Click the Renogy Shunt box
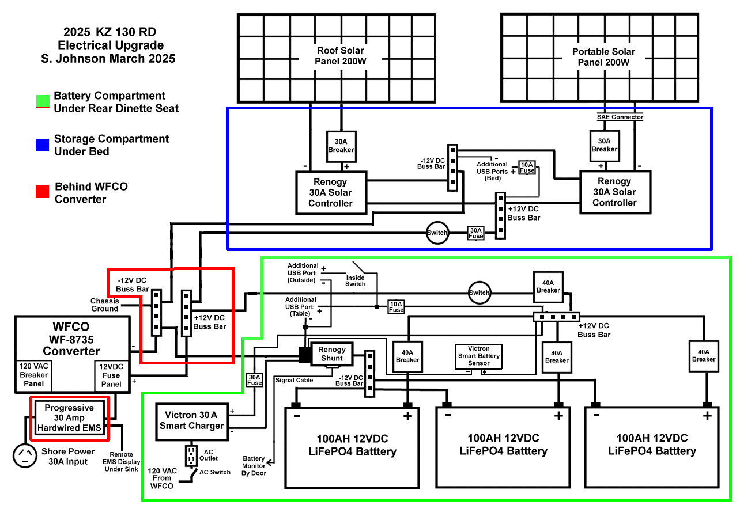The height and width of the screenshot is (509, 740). pyautogui.click(x=331, y=354)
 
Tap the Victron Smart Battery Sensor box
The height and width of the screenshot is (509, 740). pyautogui.click(x=478, y=356)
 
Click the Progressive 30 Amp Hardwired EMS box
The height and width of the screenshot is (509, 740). pyautogui.click(x=69, y=417)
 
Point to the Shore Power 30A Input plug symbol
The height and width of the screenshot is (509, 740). pyautogui.click(x=25, y=455)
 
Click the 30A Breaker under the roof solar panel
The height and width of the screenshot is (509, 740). pyautogui.click(x=341, y=146)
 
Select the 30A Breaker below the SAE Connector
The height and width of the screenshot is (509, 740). pyautogui.click(x=604, y=145)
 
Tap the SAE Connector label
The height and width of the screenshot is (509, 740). pyautogui.click(x=620, y=117)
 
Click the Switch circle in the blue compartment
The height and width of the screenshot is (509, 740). pyautogui.click(x=437, y=233)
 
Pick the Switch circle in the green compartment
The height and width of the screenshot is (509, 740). pyautogui.click(x=479, y=293)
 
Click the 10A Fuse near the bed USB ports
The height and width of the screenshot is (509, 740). pyautogui.click(x=527, y=167)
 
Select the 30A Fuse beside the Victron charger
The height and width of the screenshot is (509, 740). pyautogui.click(x=254, y=379)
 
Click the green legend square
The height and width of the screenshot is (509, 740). pyautogui.click(x=41, y=102)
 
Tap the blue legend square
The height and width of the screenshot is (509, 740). pyautogui.click(x=41, y=145)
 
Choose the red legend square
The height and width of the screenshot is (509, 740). pyautogui.click(x=41, y=192)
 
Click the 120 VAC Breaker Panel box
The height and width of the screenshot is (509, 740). pyautogui.click(x=33, y=375)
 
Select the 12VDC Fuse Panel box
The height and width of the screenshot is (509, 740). pyautogui.click(x=111, y=375)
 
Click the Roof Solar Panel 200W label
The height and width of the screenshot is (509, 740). pyautogui.click(x=340, y=56)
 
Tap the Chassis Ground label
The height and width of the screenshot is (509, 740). pyautogui.click(x=104, y=305)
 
